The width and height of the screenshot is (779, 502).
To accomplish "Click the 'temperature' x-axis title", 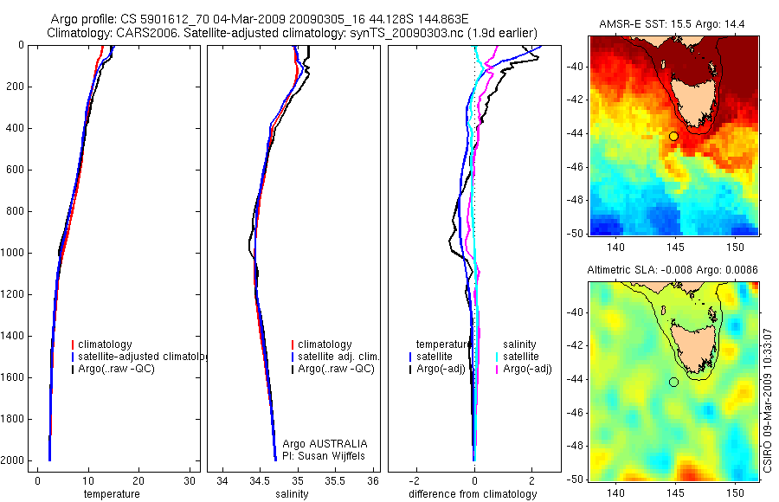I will pyautogui.click(x=111, y=494).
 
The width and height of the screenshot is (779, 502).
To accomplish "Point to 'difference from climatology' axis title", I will pyautogui.click(x=473, y=494).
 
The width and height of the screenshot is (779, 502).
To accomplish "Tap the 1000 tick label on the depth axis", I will pyautogui.click(x=12, y=253).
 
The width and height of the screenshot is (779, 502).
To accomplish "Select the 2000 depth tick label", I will pyautogui.click(x=12, y=460).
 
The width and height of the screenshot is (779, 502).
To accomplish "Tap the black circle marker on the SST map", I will pyautogui.click(x=673, y=136).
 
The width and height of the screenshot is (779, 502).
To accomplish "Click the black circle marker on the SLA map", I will pyautogui.click(x=673, y=382).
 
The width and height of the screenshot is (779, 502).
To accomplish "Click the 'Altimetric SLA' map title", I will pyautogui.click(x=673, y=270).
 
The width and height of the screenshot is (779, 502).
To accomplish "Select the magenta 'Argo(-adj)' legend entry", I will pyautogui.click(x=527, y=369).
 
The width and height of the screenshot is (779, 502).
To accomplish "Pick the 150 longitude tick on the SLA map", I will pyautogui.click(x=735, y=490).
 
